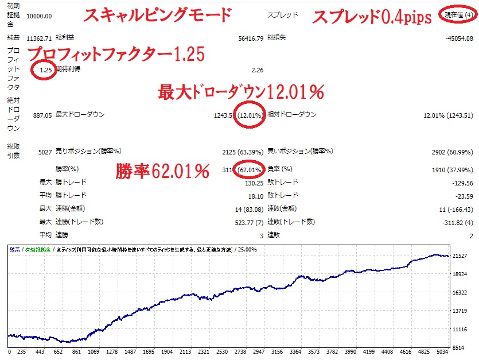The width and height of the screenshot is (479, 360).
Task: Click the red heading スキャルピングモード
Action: point(157,16)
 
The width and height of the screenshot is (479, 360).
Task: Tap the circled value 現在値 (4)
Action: point(457,15)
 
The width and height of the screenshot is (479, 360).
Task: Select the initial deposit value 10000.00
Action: point(40,16)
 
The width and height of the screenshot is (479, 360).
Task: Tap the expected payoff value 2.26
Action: point(257,70)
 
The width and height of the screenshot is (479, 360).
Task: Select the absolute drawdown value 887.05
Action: point(42,115)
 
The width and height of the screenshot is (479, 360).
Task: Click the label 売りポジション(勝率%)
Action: point(88,152)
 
